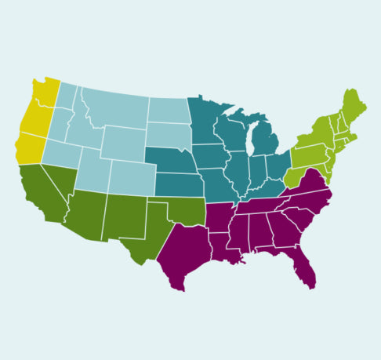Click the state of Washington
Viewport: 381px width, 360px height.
[x=41, y=94]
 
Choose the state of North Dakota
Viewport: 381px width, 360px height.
[x=167, y=111]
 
